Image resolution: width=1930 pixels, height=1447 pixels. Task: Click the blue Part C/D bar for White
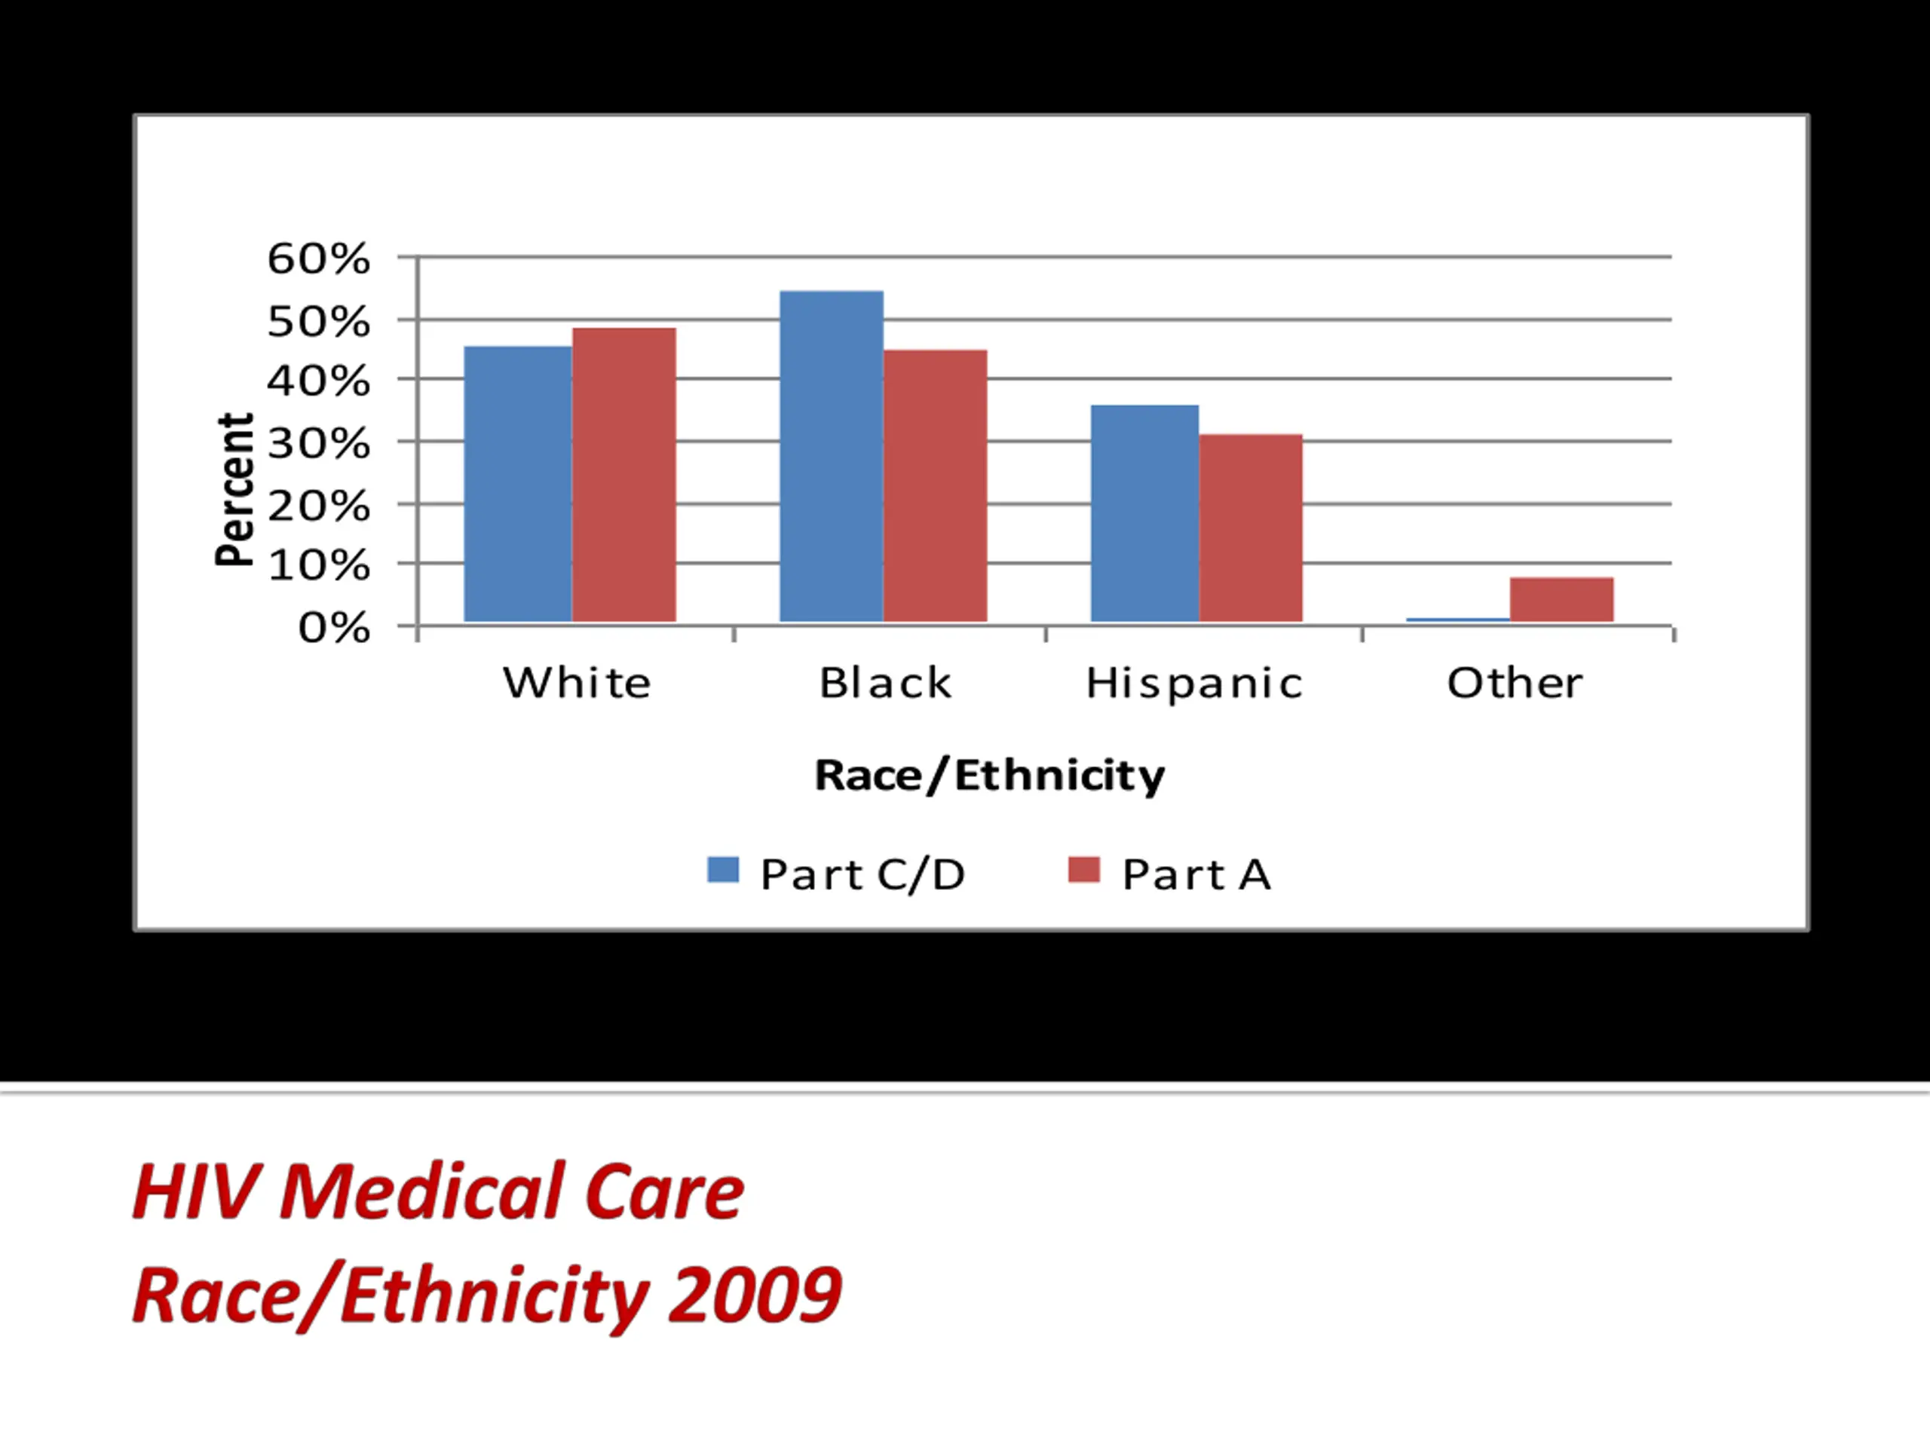(517, 484)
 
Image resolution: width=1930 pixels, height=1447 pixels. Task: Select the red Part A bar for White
(623, 476)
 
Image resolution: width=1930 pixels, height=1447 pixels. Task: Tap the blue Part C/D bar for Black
(832, 456)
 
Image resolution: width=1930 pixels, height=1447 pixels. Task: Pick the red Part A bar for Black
(936, 486)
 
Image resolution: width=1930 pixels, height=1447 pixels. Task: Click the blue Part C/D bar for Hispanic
(1144, 514)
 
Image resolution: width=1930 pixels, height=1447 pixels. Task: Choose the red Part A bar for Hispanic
(1250, 528)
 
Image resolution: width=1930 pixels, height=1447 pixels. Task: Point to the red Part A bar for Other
(1562, 599)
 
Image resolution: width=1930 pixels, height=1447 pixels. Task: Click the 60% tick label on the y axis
(318, 259)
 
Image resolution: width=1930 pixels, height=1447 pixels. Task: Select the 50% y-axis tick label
(318, 322)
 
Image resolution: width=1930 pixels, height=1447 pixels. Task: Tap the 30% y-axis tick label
(318, 444)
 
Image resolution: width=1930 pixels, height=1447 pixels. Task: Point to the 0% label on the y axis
(334, 628)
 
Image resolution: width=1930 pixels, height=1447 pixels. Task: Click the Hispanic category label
(1193, 683)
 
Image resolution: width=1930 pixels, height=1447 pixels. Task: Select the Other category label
(1515, 683)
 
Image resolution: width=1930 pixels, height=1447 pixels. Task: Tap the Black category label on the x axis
(885, 683)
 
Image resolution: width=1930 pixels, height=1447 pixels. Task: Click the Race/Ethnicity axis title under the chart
(989, 776)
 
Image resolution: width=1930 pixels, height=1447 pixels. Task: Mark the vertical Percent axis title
(234, 489)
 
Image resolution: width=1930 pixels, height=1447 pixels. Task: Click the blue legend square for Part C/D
(722, 870)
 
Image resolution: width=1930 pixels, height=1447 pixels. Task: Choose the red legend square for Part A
(1083, 870)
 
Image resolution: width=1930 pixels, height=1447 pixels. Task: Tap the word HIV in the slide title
(196, 1192)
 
